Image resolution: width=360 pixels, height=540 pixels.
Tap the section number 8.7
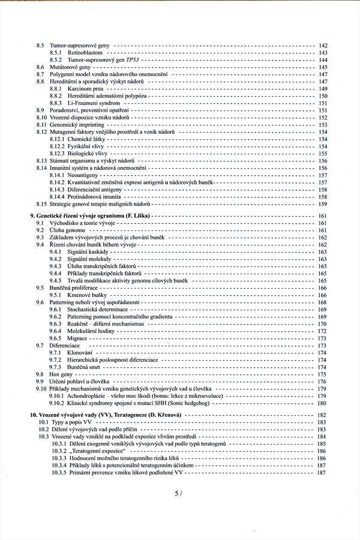click(x=40, y=74)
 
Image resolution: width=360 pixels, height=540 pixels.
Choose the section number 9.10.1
click(x=58, y=395)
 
